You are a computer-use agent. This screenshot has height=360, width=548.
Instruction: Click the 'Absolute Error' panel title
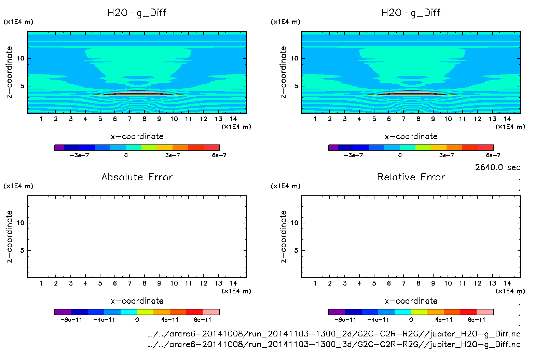click(x=137, y=177)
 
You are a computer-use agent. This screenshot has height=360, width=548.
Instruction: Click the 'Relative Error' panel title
click(x=411, y=177)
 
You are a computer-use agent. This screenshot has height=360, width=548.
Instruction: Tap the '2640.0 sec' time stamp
click(x=497, y=167)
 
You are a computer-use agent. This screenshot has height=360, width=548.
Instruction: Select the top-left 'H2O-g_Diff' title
click(x=137, y=13)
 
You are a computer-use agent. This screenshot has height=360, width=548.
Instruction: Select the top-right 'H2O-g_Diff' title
click(x=411, y=13)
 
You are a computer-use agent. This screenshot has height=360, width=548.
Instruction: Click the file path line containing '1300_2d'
click(x=334, y=334)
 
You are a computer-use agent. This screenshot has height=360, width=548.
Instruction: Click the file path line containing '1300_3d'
click(x=334, y=344)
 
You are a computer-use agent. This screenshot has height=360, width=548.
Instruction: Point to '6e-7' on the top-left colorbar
click(x=219, y=155)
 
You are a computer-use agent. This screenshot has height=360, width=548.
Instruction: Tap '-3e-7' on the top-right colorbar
click(x=353, y=155)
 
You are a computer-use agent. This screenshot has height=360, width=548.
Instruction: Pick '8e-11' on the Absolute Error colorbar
click(x=203, y=320)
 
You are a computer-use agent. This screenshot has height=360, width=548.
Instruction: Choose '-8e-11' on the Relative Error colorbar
click(x=345, y=320)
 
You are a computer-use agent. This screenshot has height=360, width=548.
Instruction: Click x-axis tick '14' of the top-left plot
click(x=233, y=119)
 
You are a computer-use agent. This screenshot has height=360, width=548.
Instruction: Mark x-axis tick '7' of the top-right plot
click(x=403, y=119)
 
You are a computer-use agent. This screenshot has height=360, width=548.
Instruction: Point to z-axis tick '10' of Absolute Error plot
click(x=21, y=223)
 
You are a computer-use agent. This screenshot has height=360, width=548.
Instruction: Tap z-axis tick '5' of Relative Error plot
click(x=296, y=251)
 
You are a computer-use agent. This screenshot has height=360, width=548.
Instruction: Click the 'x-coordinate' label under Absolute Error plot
click(x=137, y=301)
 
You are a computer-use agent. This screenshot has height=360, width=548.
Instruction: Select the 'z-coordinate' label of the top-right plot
click(x=283, y=72)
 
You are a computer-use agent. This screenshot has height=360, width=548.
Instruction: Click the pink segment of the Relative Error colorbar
click(x=485, y=312)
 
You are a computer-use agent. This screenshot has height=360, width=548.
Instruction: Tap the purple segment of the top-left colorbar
click(x=59, y=148)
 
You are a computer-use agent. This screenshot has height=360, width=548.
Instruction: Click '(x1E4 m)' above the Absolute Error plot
click(x=18, y=186)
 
